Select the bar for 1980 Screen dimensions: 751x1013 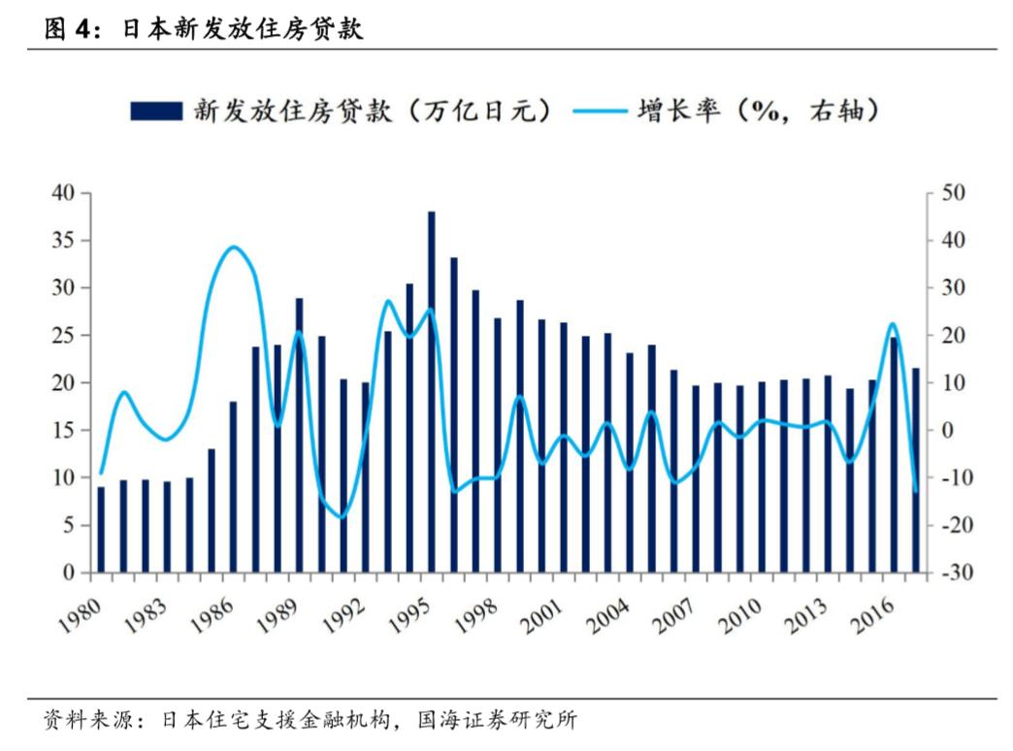[x=101, y=529]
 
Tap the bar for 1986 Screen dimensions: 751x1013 [x=233, y=486]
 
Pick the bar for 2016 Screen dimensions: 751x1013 [x=894, y=454]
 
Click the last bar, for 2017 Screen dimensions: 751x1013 [x=915, y=470]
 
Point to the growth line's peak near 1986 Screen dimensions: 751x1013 [x=232, y=246]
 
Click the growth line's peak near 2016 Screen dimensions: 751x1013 [x=893, y=323]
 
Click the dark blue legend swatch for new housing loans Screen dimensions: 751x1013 [x=155, y=111]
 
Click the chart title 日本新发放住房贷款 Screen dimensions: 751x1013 [x=242, y=29]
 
